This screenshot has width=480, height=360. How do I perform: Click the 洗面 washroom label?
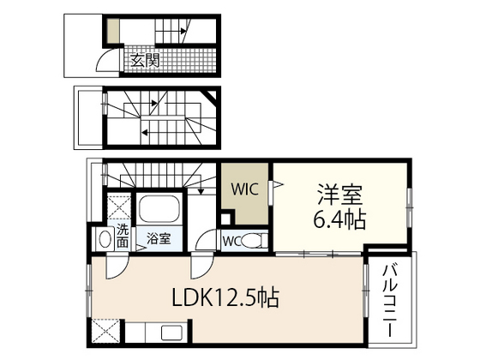point(123,236)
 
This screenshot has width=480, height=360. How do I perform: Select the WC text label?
point(231,240)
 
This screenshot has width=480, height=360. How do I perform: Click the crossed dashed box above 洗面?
point(117,208)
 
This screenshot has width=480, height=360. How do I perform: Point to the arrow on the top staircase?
point(183,33)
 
